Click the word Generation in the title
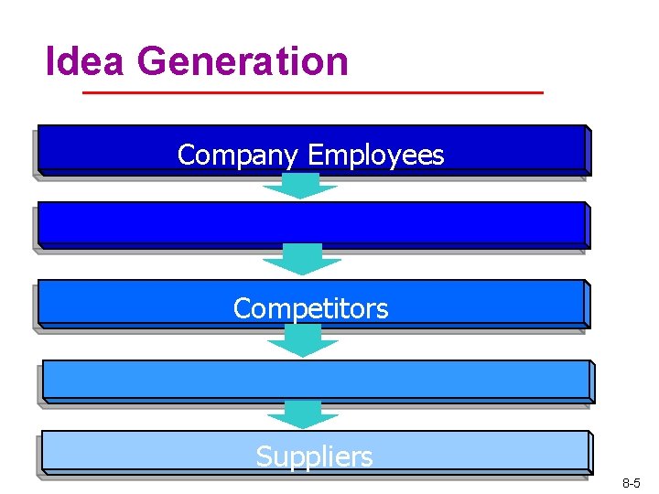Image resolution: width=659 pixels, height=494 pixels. coord(243,62)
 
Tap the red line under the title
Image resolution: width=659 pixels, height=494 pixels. coord(312,93)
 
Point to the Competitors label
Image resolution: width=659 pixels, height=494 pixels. coord(311,308)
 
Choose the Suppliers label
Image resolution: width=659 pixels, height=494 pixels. coord(314,456)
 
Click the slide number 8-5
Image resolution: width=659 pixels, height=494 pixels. coord(631,482)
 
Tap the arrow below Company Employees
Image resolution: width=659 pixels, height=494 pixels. coord(300,187)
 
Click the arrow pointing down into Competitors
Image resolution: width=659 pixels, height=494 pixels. coord(301,261)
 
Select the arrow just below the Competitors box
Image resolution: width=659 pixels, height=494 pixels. coord(301,340)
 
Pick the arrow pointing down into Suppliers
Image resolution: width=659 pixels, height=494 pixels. coord(301,414)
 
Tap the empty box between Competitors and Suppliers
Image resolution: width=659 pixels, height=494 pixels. coord(316,379)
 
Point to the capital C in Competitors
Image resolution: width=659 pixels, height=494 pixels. coord(243,308)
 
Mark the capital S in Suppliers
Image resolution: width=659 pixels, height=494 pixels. coord(264,456)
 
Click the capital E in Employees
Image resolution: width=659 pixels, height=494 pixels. coord(314,156)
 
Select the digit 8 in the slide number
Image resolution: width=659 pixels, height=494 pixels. coord(624,482)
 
